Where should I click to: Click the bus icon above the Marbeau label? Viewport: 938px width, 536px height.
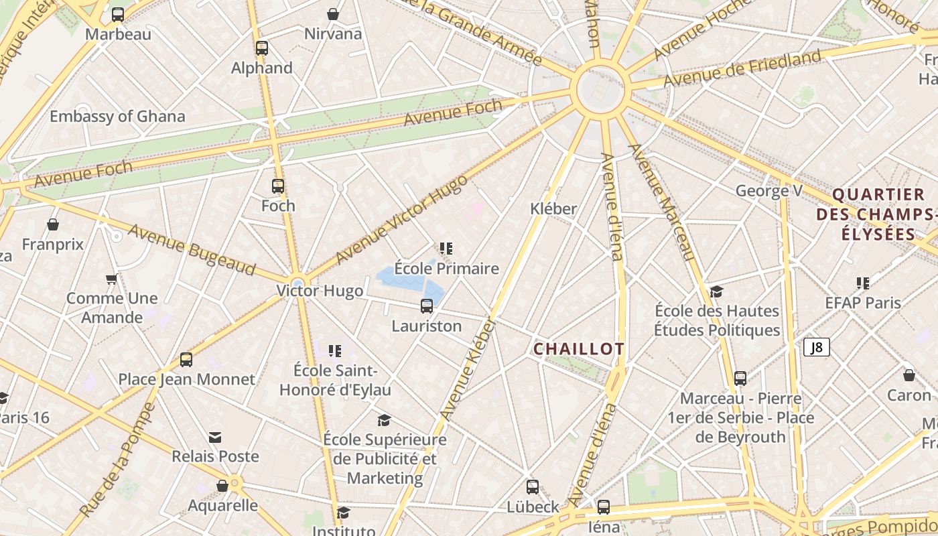[118, 14]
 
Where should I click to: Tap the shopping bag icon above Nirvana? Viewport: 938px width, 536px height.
[333, 14]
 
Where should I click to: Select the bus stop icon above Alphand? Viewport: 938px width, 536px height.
[262, 48]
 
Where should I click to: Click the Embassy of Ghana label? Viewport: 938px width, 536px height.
[117, 116]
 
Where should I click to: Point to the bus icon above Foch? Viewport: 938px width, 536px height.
[278, 186]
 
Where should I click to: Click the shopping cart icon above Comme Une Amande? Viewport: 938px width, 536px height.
[111, 279]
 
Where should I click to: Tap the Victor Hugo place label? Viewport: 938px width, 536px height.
[320, 291]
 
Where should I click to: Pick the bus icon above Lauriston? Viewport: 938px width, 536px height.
[427, 307]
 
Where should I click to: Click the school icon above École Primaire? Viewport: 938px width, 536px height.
[446, 249]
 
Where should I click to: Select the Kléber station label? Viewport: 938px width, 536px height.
[553, 208]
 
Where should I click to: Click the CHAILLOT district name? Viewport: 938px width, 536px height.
[579, 348]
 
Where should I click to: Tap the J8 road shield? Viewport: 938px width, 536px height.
[817, 347]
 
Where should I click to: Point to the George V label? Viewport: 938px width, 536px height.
[768, 191]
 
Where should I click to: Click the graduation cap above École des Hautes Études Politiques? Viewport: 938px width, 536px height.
[717, 291]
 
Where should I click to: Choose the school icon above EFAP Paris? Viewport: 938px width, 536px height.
[863, 283]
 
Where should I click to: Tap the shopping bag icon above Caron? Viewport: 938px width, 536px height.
[909, 375]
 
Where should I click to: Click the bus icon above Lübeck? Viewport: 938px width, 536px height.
[533, 487]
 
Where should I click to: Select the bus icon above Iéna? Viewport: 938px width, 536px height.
[604, 507]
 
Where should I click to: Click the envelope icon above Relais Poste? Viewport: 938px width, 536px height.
[215, 438]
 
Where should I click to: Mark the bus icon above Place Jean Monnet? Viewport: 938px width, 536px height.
[186, 360]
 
